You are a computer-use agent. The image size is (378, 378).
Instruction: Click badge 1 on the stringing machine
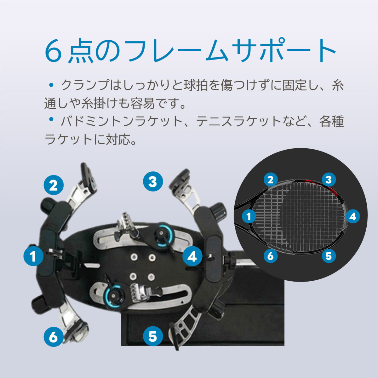pos(33,256)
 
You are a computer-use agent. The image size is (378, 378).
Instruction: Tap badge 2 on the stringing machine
pos(54,185)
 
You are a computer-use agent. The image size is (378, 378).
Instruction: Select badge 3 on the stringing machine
pos(153,182)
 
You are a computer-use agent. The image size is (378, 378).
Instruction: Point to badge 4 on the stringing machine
pos(192,256)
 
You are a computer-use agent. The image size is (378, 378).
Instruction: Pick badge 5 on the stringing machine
pos(153,336)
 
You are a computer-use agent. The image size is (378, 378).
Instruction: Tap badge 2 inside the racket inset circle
pos(270,180)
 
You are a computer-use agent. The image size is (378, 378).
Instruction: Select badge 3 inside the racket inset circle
pos(329,180)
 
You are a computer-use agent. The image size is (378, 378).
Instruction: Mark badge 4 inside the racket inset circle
pos(352,217)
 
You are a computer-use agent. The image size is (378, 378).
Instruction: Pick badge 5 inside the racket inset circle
pos(329,256)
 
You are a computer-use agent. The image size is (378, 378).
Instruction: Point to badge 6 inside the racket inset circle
pos(270,256)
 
